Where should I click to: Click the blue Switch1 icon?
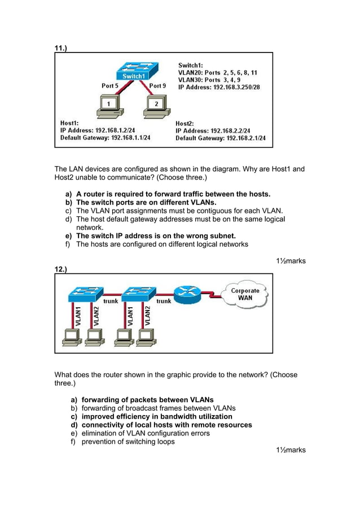[x=133, y=72]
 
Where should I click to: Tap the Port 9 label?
[x=157, y=86]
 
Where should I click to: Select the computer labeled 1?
[x=107, y=106]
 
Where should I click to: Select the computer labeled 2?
[x=155, y=106]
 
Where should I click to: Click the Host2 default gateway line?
[x=220, y=138]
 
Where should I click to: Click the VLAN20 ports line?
[x=218, y=73]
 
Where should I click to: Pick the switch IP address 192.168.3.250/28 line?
[x=219, y=88]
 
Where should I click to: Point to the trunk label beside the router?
[x=164, y=301]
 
